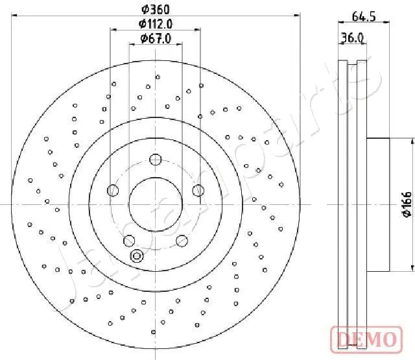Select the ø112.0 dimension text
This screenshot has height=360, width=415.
click(156, 24)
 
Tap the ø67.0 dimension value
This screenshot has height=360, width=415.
click(156, 39)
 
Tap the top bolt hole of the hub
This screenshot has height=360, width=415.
click(156, 160)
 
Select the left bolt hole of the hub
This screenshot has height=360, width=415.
click(113, 190)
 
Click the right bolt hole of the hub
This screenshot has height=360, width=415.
click(198, 190)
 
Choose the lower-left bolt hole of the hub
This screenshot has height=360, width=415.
click(129, 240)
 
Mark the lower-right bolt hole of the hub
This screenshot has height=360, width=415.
click(182, 240)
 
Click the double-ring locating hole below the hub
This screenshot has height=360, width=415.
click(137, 256)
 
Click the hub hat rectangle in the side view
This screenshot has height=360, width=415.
click(377, 204)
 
